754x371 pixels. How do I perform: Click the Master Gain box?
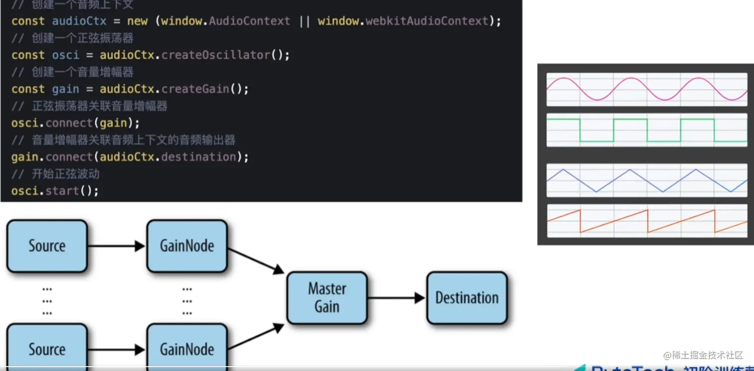[327, 298]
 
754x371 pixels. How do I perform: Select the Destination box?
[467, 298]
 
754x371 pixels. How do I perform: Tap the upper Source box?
[47, 246]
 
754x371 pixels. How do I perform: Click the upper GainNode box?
[187, 246]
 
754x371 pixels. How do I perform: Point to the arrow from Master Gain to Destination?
[396, 298]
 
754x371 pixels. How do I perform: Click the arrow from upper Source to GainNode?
[117, 246]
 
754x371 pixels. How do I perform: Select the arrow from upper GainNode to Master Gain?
[256, 260]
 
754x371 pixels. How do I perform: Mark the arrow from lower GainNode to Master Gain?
[256, 337]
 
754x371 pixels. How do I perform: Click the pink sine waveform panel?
[647, 89]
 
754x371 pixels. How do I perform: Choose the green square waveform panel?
[647, 130]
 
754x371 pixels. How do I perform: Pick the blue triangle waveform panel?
[647, 180]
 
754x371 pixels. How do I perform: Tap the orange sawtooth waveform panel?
[647, 221]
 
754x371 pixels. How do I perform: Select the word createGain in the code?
[195, 89]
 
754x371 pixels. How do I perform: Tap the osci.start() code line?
[55, 190]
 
